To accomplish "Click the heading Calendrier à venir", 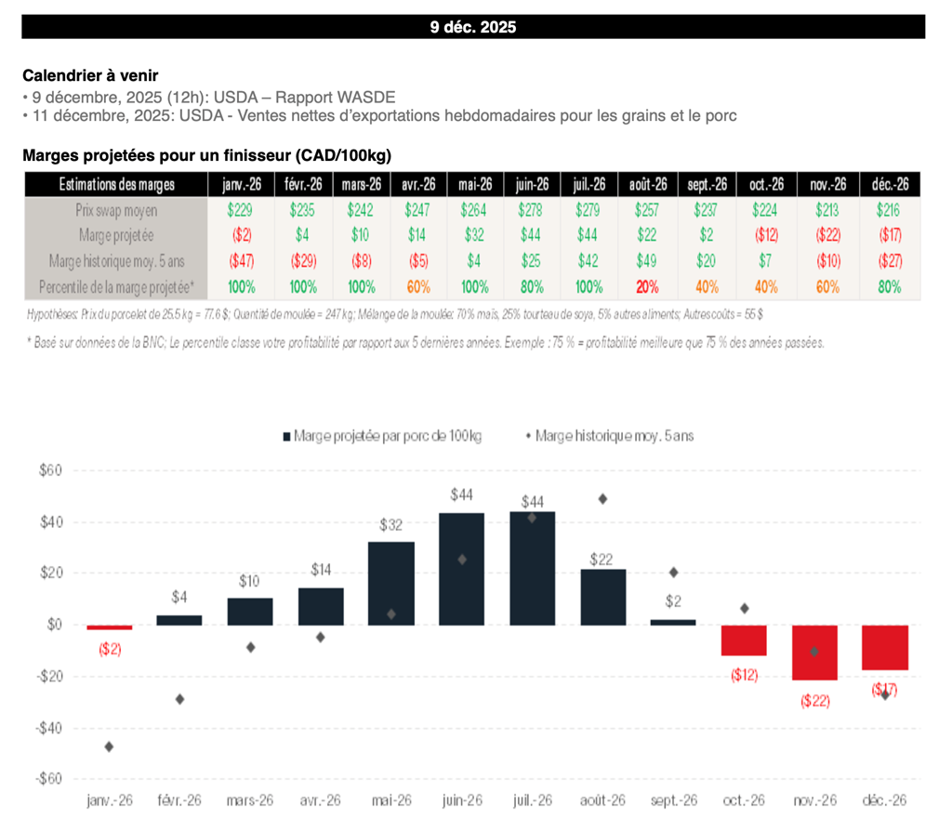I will tap(97, 74).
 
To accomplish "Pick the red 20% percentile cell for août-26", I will tap(648, 286).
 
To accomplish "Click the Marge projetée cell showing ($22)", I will tap(826, 236).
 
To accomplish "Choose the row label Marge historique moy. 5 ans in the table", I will tap(116, 261).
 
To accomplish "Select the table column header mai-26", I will tap(474, 184).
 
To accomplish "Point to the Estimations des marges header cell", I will tap(116, 184).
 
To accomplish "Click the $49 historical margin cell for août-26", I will tap(648, 261).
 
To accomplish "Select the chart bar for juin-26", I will tap(462, 568).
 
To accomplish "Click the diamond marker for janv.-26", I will tap(109, 746).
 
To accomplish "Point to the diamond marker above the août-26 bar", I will tap(602, 498).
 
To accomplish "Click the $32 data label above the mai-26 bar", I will tap(390, 525).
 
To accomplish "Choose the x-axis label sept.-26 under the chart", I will tap(674, 799).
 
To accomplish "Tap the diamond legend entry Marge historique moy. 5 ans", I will tap(614, 434).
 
